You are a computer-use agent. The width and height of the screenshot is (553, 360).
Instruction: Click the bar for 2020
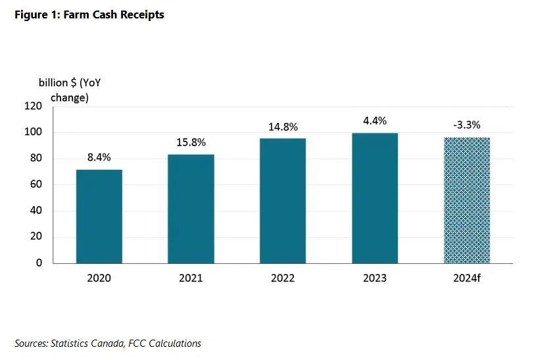(x=99, y=217)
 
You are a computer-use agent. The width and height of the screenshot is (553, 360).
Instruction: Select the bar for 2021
(x=191, y=209)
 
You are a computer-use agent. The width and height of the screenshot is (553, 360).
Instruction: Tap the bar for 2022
(x=283, y=201)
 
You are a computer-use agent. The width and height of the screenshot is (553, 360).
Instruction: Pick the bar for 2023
(x=375, y=198)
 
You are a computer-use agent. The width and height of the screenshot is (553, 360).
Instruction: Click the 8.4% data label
(x=99, y=157)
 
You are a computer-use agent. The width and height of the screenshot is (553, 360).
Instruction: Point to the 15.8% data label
(x=191, y=141)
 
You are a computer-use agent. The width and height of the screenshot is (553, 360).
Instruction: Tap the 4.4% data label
(x=375, y=120)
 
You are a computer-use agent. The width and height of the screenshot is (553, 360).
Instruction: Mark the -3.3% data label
(x=467, y=124)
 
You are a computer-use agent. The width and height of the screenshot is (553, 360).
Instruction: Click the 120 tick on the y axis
(x=33, y=106)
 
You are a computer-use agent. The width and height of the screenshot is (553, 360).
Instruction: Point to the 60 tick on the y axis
(x=36, y=185)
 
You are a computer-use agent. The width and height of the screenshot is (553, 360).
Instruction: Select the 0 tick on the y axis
(x=39, y=263)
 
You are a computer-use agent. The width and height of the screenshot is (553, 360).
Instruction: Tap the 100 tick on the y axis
(x=33, y=132)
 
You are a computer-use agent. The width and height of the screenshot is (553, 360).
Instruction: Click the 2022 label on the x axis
(x=283, y=278)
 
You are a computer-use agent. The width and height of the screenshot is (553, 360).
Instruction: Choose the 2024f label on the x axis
(x=467, y=278)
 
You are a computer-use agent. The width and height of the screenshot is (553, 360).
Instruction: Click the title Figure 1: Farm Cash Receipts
(x=89, y=14)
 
